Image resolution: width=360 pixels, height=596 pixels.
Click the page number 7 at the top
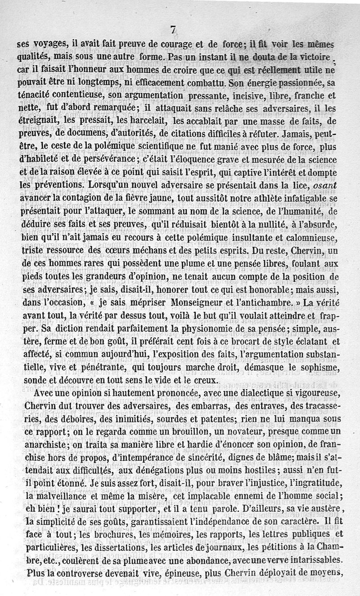tap(174, 30)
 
